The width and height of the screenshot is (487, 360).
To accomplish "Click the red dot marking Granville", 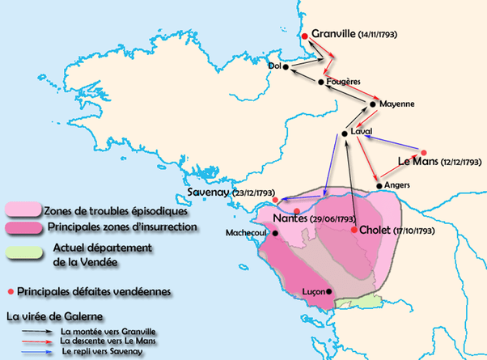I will click(304, 36).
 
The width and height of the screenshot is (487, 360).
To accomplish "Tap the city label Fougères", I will click(343, 82).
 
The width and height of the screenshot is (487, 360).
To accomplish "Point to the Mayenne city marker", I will click(374, 104).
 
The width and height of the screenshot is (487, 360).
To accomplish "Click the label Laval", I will click(362, 132).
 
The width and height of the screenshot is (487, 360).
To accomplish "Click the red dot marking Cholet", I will click(354, 230).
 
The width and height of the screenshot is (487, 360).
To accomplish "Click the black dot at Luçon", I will click(328, 291).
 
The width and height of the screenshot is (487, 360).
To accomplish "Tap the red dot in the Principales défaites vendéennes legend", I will click(10, 289).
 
